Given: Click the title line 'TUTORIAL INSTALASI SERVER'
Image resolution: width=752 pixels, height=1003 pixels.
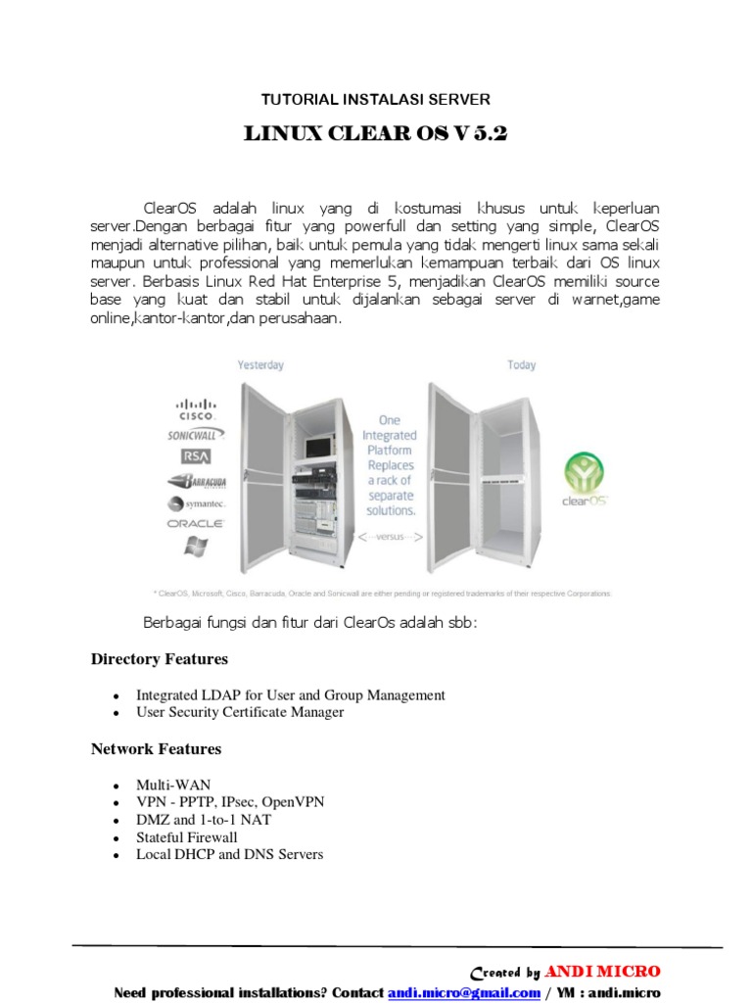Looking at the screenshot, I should click(375, 99).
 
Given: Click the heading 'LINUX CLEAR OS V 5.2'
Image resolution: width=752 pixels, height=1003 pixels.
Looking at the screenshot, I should click(376, 134).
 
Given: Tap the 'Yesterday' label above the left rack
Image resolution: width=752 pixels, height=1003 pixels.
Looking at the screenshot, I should click(260, 365).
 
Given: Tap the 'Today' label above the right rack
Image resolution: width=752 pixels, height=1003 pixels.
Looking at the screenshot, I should click(521, 365).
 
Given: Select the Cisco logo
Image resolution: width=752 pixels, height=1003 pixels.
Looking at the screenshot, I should click(196, 408).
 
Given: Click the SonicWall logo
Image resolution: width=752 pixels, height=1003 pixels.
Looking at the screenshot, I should click(196, 434).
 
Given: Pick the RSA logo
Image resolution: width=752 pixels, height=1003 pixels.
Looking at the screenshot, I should click(195, 456).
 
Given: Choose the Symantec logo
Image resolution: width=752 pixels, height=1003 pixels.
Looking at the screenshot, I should click(195, 503).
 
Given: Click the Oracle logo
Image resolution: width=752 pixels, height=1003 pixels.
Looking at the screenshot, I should click(196, 524).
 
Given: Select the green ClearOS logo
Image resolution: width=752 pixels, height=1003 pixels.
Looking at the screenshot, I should click(586, 477).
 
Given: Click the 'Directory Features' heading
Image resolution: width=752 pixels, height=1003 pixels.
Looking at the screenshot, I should click(160, 659).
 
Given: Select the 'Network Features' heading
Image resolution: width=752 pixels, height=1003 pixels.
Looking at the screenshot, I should click(157, 749).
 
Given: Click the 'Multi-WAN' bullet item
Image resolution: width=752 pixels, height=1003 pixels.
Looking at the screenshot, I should click(173, 785).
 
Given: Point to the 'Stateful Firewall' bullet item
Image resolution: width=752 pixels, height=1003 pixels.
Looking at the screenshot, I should click(187, 837).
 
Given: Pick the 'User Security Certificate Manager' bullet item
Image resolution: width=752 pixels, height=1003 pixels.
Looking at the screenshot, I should click(240, 712).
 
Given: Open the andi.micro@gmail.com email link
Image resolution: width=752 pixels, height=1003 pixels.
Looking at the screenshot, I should click(464, 992).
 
